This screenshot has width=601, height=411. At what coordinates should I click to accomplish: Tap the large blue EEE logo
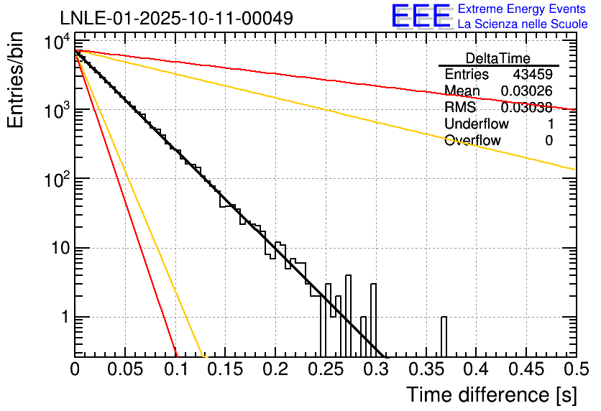pos(421,16)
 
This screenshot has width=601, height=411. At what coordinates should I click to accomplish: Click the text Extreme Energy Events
pos(522,9)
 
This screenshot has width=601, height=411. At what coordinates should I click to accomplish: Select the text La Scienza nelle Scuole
pos(522,24)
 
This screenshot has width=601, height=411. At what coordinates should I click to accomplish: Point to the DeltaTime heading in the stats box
pos(498,58)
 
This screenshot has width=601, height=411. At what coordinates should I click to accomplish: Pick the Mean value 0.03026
pos(526,91)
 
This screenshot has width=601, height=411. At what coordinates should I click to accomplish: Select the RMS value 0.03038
pos(526,108)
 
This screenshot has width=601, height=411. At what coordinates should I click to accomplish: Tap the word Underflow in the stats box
pos(477,124)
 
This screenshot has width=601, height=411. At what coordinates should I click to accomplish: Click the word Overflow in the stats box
pos(472,141)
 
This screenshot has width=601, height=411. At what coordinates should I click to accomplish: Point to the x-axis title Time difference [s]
pos(491,394)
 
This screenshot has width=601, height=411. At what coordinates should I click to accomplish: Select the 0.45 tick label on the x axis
pos(526,369)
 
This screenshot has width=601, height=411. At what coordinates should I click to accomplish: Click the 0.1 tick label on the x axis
pos(175,369)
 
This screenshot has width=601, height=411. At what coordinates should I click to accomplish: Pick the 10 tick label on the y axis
pos(57,249)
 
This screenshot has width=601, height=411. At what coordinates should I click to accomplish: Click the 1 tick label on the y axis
pos(63,318)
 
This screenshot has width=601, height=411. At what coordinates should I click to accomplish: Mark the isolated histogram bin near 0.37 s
pos(444,336)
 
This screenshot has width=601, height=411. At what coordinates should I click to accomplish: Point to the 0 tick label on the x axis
pos(75,369)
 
